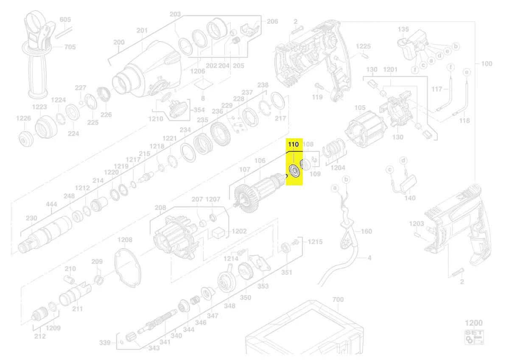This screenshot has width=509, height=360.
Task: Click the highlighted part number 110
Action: [x=293, y=145]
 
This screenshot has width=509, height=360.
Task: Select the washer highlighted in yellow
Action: [x=294, y=171]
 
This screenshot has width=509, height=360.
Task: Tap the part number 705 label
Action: [x=70, y=47]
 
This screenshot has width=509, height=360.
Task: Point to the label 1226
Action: [x=23, y=118]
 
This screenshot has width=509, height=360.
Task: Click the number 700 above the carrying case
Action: [x=338, y=300]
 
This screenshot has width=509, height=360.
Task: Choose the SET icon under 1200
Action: [x=474, y=337]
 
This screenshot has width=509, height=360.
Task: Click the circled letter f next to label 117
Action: [x=450, y=67]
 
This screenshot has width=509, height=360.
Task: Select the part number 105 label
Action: [x=360, y=107]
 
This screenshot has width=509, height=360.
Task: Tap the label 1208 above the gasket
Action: [x=125, y=240]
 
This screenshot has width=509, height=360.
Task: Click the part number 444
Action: [x=51, y=204]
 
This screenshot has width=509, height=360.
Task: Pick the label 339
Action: [x=105, y=343]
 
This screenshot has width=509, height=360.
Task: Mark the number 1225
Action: [x=363, y=46]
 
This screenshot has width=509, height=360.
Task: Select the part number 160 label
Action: [x=366, y=231]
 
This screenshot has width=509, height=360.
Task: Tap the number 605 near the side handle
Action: [x=65, y=20]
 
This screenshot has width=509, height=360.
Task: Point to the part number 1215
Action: [x=315, y=242]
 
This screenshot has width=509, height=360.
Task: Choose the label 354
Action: [x=199, y=110]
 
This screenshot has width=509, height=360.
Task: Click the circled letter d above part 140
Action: [x=403, y=160]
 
